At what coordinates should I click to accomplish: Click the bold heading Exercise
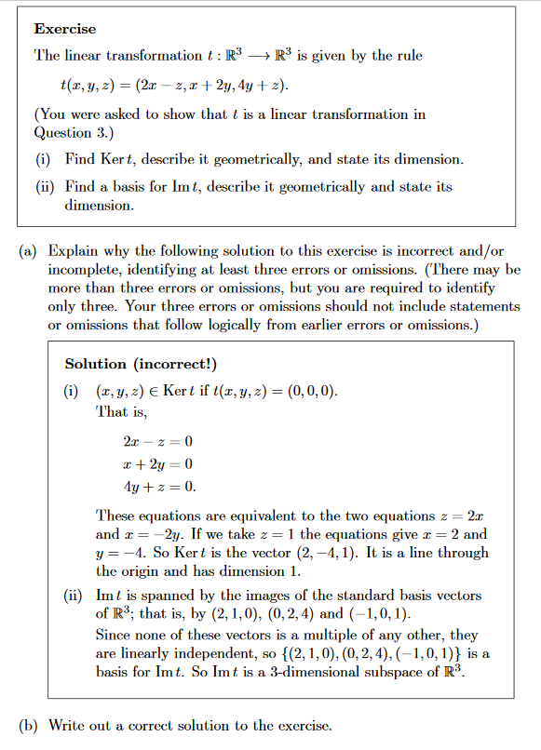pyautogui.click(x=65, y=30)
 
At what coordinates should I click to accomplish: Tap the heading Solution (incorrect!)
pyautogui.click(x=140, y=364)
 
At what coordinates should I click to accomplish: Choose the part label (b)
pyautogui.click(x=29, y=725)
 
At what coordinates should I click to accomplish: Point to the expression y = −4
pyautogui.click(x=120, y=553)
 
